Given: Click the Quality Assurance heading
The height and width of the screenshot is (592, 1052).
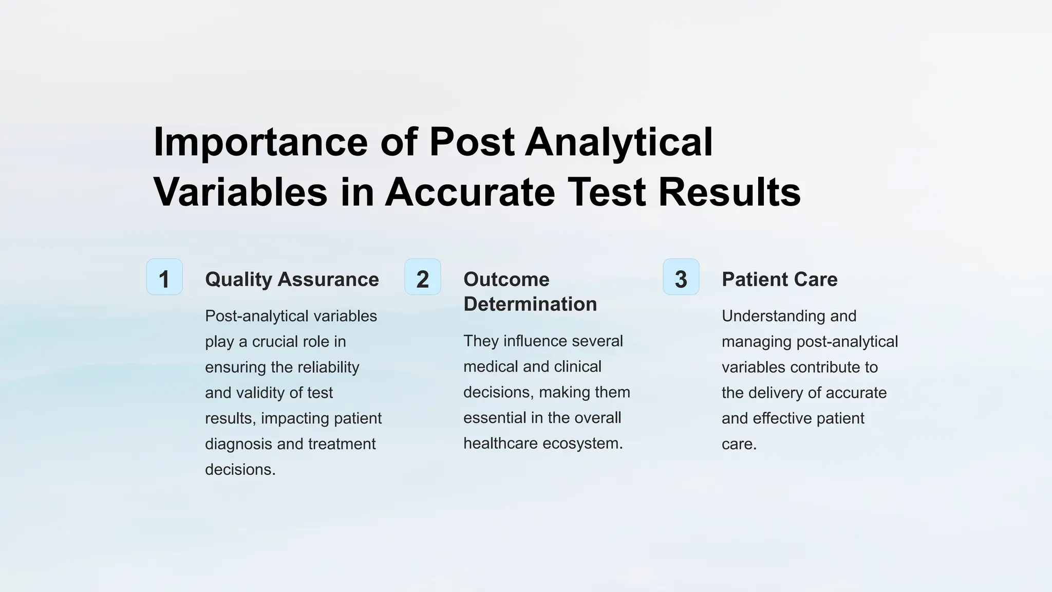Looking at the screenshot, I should click(292, 280).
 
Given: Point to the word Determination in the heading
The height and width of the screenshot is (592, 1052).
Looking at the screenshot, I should click(530, 304).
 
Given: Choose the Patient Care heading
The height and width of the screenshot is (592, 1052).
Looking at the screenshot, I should click(779, 280).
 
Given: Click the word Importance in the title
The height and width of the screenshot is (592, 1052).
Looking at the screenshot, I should click(260, 142).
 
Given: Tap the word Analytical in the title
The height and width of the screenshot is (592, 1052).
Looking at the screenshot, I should click(619, 142).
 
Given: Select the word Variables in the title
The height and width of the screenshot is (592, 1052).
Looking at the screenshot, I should click(240, 192).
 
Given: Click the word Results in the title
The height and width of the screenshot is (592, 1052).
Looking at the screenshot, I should click(729, 192).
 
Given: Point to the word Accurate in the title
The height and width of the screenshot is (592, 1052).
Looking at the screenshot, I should click(470, 192).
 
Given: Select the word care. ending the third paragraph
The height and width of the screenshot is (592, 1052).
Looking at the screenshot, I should click(739, 444).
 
